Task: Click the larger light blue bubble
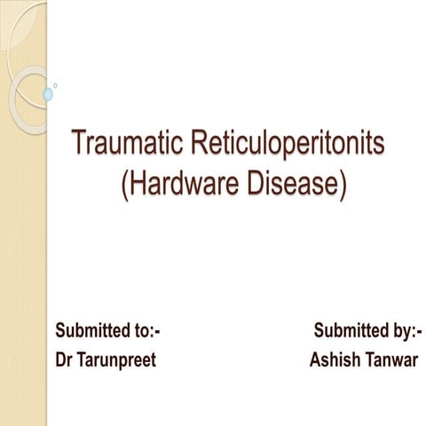pyautogui.click(x=48, y=93)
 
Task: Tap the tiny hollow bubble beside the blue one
pyautogui.click(x=56, y=86)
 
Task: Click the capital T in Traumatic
pyautogui.click(x=78, y=142)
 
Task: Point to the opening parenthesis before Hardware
pyautogui.click(x=122, y=185)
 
